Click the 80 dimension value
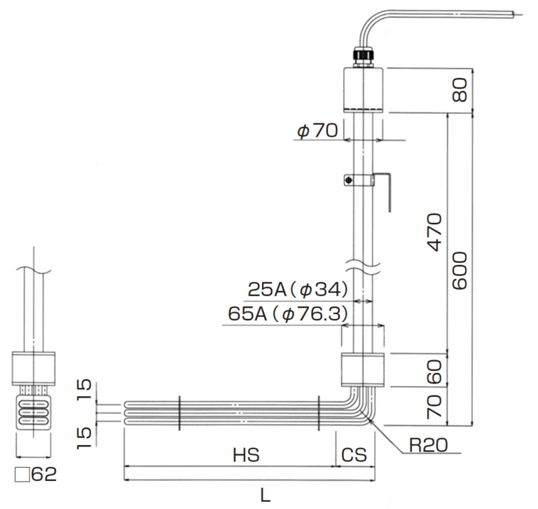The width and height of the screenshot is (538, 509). click(460, 90)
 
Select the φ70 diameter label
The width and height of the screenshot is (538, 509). click(317, 130)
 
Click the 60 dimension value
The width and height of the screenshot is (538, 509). click(435, 369)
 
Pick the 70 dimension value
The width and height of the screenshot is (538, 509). click(435, 407)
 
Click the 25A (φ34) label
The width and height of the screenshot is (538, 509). click(298, 289)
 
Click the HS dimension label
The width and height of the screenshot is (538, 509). click(246, 455)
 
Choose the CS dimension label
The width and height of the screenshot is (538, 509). click(354, 455)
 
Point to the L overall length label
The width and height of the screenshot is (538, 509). click(265, 496)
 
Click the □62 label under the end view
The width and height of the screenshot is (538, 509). click(34, 475)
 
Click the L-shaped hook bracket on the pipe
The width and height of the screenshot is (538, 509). click(386, 189)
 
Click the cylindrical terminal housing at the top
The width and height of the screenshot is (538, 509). click(364, 89)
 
